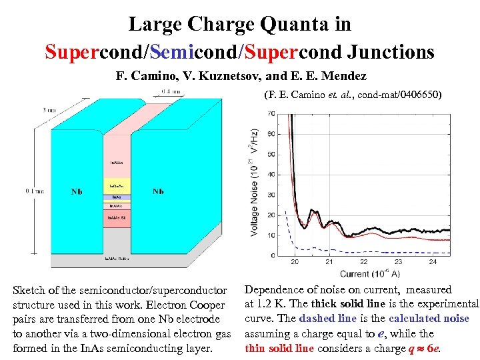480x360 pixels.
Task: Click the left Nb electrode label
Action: tap(77, 191)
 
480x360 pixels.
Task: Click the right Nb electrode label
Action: tap(159, 191)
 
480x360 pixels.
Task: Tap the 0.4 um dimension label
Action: tap(169, 91)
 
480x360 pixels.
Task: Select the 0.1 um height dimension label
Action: tap(35, 191)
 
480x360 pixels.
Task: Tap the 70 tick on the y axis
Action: tap(270, 114)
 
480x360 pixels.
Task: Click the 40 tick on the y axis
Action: tap(270, 175)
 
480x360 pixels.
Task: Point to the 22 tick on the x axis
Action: tap(363, 262)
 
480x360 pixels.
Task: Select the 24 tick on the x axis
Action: tap(432, 262)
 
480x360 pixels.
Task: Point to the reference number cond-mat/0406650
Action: tap(399, 95)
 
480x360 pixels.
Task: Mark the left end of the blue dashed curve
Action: tap(285, 213)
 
